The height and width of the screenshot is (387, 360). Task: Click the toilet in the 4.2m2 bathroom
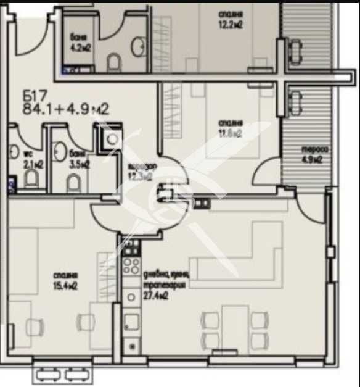click(x=114, y=62)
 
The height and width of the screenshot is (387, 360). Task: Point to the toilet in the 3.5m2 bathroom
click(x=73, y=181)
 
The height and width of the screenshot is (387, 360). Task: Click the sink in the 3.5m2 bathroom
click(x=60, y=150)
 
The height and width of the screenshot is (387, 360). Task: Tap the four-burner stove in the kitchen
click(x=131, y=266)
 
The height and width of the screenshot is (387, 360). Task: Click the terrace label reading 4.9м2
click(x=313, y=154)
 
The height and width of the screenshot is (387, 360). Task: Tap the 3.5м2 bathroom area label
click(x=80, y=160)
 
